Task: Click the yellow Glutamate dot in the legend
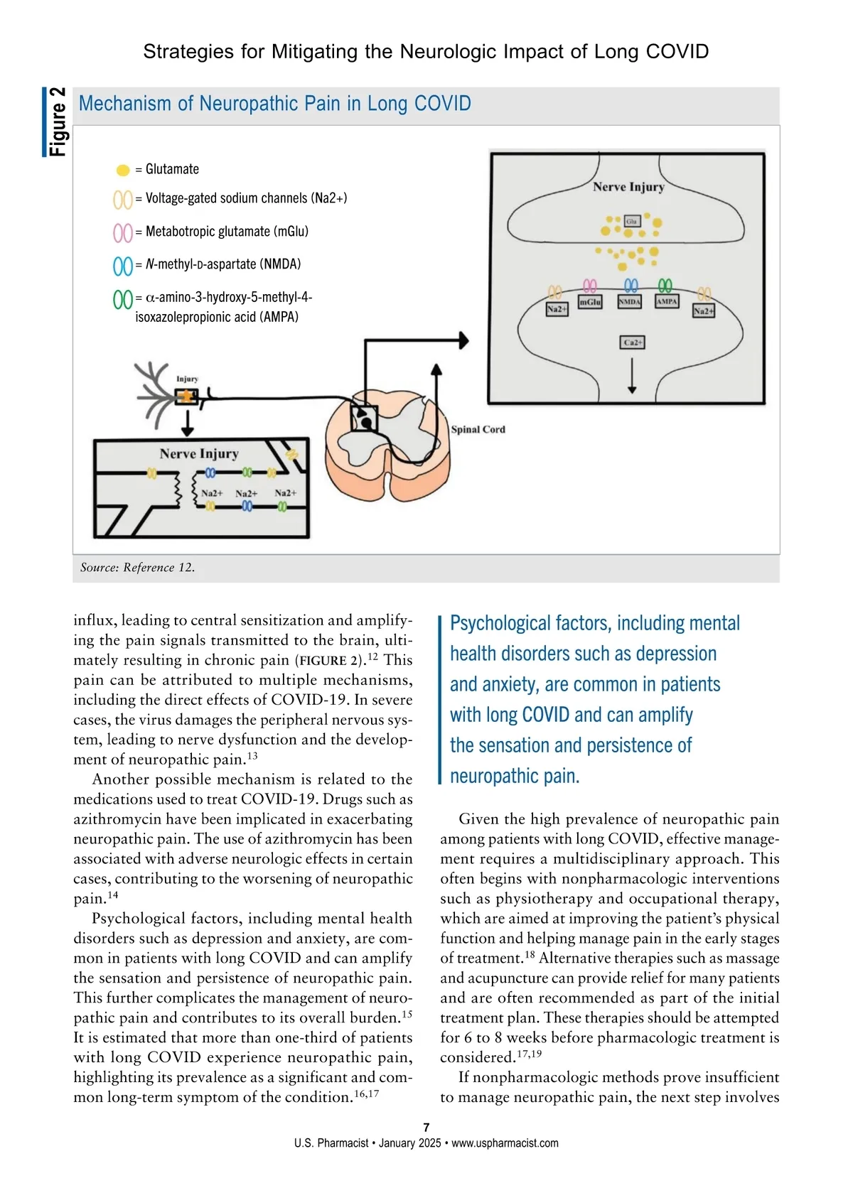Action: click(x=123, y=170)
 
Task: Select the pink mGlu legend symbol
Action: click(x=122, y=232)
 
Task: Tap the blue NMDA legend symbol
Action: click(x=122, y=266)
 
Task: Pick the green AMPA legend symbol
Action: click(x=122, y=299)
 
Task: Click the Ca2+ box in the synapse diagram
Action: click(x=632, y=342)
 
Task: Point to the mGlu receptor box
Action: click(x=590, y=302)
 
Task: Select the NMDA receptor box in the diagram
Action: click(x=630, y=301)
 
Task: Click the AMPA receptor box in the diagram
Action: click(x=666, y=301)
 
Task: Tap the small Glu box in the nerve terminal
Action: click(x=631, y=222)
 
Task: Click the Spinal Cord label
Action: click(x=478, y=429)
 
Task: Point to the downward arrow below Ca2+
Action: click(x=632, y=377)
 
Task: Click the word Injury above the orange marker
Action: click(x=187, y=379)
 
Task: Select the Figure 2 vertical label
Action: click(x=58, y=121)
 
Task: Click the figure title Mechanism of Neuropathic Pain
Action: click(x=274, y=104)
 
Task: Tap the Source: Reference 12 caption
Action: click(x=137, y=567)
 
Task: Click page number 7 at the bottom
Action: click(x=426, y=1127)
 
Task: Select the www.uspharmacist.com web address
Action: click(x=505, y=1143)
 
